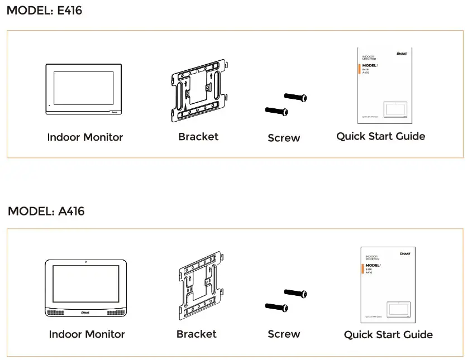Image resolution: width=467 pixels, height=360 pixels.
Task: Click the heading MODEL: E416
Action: (44, 10)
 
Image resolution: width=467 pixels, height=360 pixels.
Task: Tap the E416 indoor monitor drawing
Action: (83, 90)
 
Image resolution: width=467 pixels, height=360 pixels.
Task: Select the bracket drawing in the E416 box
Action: (198, 90)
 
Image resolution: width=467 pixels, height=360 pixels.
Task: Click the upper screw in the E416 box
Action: (296, 98)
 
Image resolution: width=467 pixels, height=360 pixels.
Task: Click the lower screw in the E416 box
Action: (276, 112)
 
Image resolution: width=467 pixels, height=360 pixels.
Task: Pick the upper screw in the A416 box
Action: (296, 293)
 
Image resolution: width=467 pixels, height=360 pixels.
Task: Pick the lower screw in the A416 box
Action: (276, 306)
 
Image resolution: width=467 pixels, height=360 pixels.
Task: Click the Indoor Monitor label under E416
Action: (85, 137)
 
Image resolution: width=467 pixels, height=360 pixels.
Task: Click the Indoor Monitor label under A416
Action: (87, 334)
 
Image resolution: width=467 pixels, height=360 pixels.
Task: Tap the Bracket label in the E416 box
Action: (198, 137)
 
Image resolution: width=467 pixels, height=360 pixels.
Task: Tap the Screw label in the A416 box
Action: (284, 334)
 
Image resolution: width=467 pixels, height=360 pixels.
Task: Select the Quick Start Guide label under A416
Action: (388, 335)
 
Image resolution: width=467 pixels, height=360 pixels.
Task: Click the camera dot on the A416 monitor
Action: (85, 262)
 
